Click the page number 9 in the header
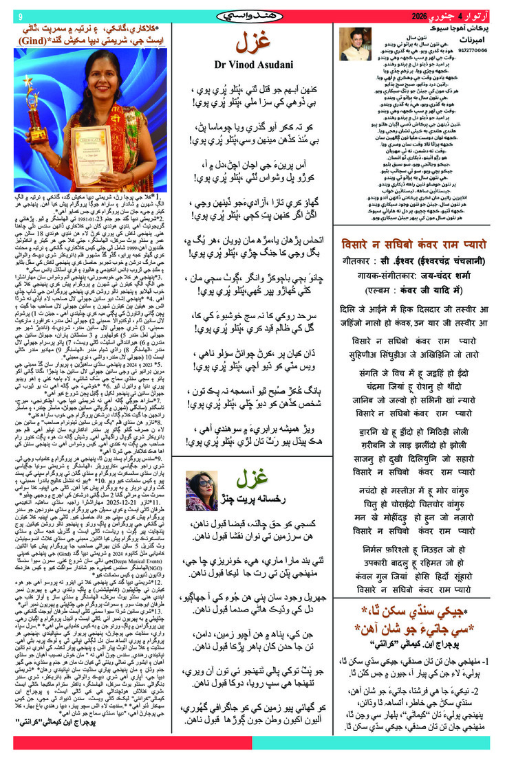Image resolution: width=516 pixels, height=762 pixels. click(x=20, y=16)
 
